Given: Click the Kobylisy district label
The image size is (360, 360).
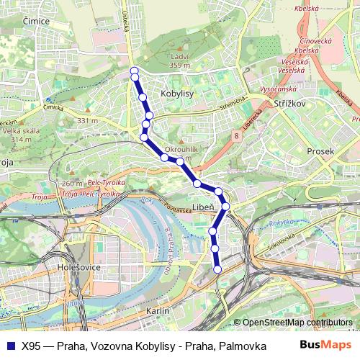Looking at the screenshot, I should tap(176, 94).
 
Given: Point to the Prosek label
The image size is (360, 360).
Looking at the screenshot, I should tap(320, 151).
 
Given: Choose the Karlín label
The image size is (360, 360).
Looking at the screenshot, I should tap(158, 310).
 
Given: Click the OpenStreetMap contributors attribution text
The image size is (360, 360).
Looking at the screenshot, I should tap(297, 323).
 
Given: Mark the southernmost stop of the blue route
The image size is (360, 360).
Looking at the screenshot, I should tap(218, 269).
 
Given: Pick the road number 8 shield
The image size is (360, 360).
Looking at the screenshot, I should tap(236, 135).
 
